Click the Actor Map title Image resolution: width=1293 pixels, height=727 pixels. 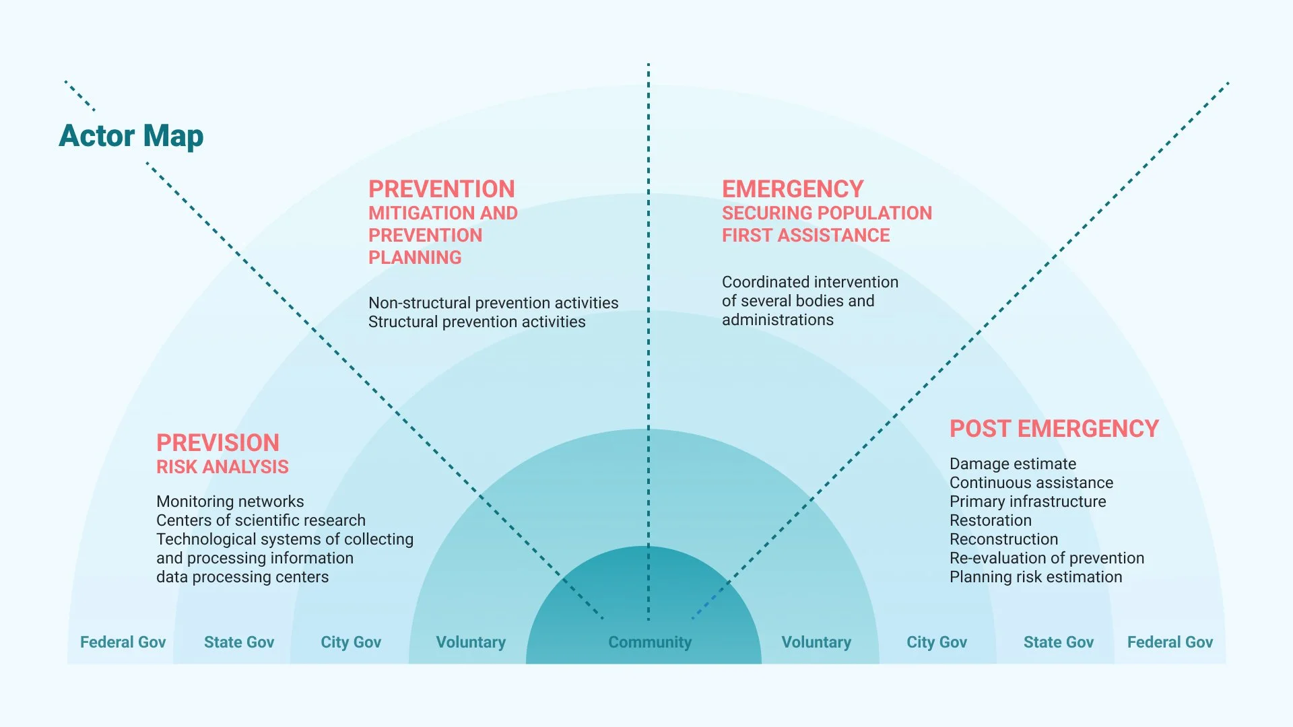(x=131, y=136)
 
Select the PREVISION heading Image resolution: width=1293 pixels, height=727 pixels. (x=218, y=442)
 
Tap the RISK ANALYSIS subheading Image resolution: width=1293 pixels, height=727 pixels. (x=222, y=466)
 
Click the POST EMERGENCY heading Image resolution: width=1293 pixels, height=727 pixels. (x=1054, y=429)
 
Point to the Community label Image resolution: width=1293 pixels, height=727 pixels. (x=650, y=642)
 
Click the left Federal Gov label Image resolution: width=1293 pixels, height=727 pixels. (x=123, y=642)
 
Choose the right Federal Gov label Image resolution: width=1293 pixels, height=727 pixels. (x=1170, y=642)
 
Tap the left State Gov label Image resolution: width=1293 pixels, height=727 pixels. (x=239, y=642)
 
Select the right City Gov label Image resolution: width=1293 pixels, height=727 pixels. (x=936, y=642)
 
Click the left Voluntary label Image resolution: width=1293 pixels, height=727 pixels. (x=471, y=642)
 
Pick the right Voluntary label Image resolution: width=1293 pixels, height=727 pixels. (x=816, y=642)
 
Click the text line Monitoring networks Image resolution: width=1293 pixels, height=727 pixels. (x=230, y=501)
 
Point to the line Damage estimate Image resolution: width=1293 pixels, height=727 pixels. (x=1012, y=464)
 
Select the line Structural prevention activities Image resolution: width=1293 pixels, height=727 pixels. (x=477, y=322)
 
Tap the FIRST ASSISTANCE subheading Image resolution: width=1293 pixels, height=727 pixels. (x=805, y=235)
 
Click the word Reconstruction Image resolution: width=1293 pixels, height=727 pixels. (x=1003, y=539)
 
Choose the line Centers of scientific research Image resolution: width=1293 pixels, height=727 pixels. (x=261, y=520)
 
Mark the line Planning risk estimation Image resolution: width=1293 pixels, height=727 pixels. (x=1036, y=577)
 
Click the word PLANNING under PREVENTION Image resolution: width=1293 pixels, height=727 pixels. (x=415, y=257)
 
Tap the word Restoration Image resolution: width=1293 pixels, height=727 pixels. (x=990, y=520)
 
